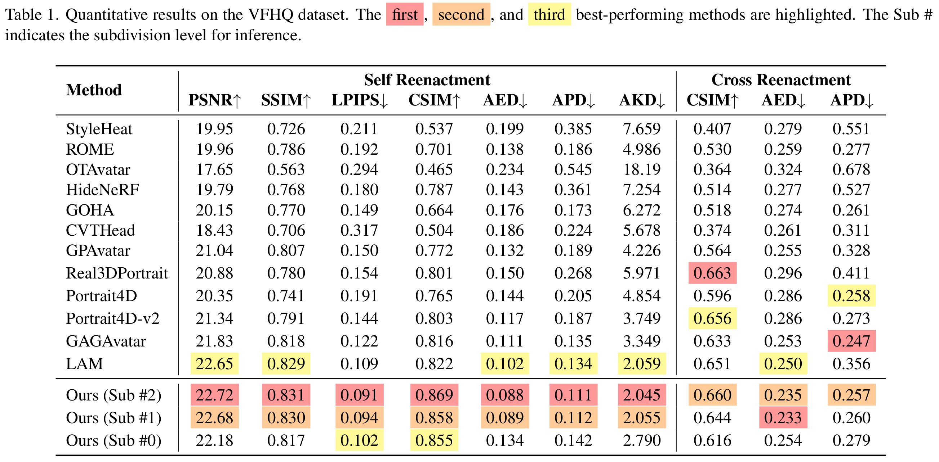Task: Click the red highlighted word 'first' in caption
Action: pos(405,14)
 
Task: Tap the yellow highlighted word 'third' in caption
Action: pos(549,14)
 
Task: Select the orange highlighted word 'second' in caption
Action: pos(461,14)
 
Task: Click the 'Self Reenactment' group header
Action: pos(427,80)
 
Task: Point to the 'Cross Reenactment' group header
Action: pos(781,80)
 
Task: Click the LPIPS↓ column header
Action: pos(359,100)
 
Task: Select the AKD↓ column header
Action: pos(641,100)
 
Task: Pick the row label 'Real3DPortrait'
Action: pos(117,273)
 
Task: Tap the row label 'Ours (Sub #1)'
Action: pos(114,418)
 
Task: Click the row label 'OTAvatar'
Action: pos(98,170)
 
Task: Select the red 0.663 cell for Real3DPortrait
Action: pos(712,273)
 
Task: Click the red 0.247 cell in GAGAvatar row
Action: pos(851,341)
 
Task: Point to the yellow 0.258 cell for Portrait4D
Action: pos(851,296)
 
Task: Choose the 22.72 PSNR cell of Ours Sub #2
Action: pos(214,395)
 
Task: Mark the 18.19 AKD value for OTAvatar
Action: pos(641,170)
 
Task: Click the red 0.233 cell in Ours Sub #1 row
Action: pos(783,418)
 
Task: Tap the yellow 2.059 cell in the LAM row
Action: pos(641,364)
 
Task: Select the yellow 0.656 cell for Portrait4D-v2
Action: pos(712,318)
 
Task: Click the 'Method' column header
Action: pos(94,90)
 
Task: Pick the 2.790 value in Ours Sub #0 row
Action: pos(641,440)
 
